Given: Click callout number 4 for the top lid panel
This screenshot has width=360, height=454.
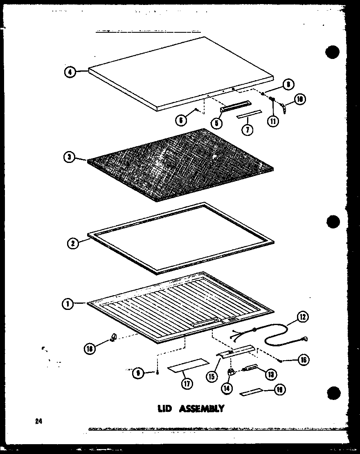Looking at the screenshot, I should click(x=70, y=72).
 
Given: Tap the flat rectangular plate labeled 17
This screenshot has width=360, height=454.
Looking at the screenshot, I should click(x=187, y=364).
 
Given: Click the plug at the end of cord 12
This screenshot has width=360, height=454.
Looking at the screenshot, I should click(x=305, y=339).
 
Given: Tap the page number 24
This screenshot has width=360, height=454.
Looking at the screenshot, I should click(x=39, y=421).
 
